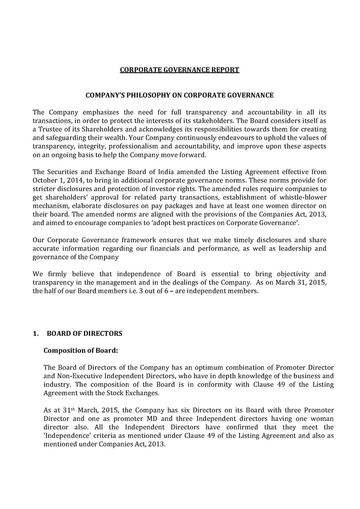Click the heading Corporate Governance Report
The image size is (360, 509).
pos(180,70)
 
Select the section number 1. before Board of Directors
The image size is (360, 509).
pos(36,334)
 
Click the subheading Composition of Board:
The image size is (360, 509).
pos(81,350)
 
